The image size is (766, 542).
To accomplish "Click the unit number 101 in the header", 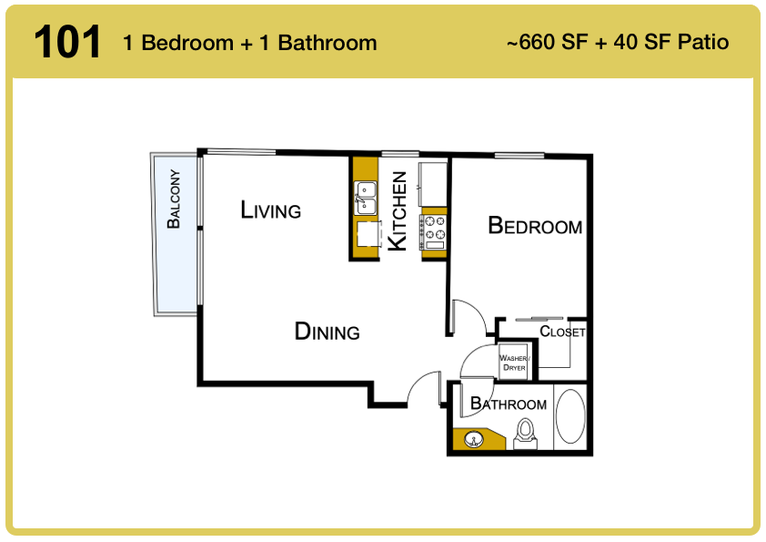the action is click(67, 43).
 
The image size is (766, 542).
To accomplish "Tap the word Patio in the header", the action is click(703, 42).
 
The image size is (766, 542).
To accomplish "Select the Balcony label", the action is click(174, 199).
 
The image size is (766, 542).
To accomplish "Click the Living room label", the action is click(270, 210).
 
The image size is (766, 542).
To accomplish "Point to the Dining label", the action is click(327, 332).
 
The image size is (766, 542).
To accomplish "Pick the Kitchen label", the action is click(398, 210).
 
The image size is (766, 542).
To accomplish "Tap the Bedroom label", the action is click(535, 226).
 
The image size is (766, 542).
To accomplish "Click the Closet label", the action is click(562, 332).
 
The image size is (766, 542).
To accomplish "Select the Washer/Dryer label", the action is click(514, 363).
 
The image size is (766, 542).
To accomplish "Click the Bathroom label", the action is click(508, 404).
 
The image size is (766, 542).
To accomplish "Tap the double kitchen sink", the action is click(366, 198).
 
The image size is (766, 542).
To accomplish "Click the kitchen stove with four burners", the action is click(434, 232).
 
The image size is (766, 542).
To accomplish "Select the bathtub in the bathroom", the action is click(570, 416).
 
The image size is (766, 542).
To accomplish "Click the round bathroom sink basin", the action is click(473, 439).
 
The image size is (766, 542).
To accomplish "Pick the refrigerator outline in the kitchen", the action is click(432, 184).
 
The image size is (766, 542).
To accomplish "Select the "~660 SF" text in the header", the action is click(547, 42).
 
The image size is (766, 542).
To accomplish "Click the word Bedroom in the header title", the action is click(187, 43).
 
